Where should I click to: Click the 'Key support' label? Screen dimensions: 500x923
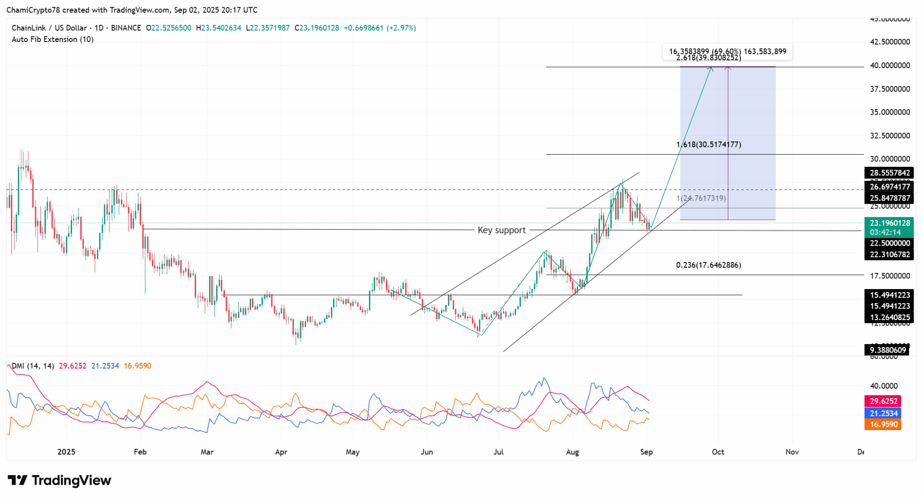click(x=502, y=230)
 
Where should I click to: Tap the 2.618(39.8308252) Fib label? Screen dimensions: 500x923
click(x=708, y=58)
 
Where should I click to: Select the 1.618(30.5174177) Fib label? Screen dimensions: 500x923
click(x=708, y=145)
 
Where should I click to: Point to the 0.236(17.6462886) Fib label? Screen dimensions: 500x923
click(x=708, y=265)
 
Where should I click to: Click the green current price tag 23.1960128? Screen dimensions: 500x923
click(x=889, y=223)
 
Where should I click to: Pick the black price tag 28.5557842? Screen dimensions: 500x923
click(x=889, y=173)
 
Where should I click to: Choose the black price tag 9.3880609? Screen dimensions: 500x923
click(x=887, y=350)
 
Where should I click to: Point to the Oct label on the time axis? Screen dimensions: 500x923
click(x=718, y=452)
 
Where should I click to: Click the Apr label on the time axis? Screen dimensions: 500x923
click(x=281, y=452)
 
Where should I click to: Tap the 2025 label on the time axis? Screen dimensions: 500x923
click(x=66, y=452)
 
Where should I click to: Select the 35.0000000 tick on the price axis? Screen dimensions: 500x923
click(x=890, y=112)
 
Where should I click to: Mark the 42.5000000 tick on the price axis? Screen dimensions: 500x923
click(x=890, y=42)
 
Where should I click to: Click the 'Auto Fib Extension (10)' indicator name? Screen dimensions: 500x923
click(x=53, y=40)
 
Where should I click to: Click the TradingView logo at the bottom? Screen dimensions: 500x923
click(x=59, y=481)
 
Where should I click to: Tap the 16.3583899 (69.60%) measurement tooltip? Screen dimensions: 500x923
click(x=727, y=51)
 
